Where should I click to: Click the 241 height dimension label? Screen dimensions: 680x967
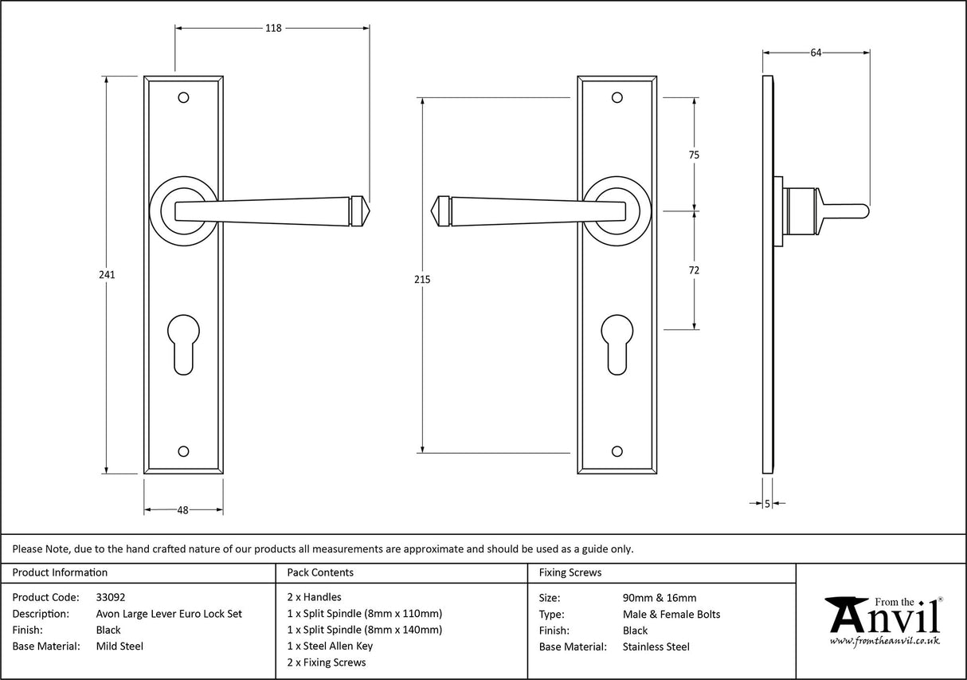tap(107, 274)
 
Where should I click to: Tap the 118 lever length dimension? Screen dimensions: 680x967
tap(273, 28)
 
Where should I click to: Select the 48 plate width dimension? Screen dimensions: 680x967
tap(182, 510)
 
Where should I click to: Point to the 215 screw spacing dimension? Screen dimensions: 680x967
tap(422, 279)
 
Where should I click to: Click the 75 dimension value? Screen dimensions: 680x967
tap(694, 155)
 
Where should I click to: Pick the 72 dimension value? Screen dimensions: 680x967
tap(694, 270)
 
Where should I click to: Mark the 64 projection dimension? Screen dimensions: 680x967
tap(816, 53)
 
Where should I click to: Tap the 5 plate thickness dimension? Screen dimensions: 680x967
tap(767, 503)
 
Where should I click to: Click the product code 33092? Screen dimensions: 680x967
tap(110, 597)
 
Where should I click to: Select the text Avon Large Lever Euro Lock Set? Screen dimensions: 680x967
tap(169, 614)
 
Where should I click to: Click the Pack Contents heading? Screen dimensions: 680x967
tap(320, 572)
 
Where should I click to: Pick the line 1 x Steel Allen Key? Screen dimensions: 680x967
tap(330, 646)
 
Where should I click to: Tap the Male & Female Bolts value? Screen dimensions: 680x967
tap(671, 614)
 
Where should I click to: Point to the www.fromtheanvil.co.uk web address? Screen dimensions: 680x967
tap(884, 641)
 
